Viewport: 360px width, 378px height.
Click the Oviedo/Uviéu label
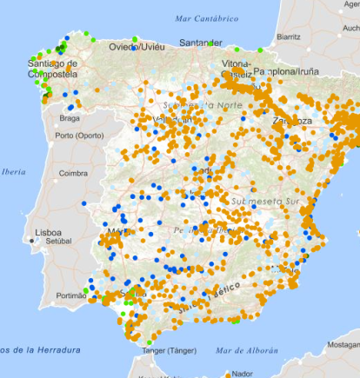[x=136, y=46]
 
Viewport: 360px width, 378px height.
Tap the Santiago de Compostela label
[x=53, y=69]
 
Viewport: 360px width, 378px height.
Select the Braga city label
[x=70, y=116]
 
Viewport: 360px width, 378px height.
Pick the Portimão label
[x=66, y=295]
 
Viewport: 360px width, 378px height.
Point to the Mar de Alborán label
[x=242, y=350]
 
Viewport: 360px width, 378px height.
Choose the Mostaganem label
[x=343, y=345]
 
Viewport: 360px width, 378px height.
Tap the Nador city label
[x=257, y=374]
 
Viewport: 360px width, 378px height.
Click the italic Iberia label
[x=13, y=172]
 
